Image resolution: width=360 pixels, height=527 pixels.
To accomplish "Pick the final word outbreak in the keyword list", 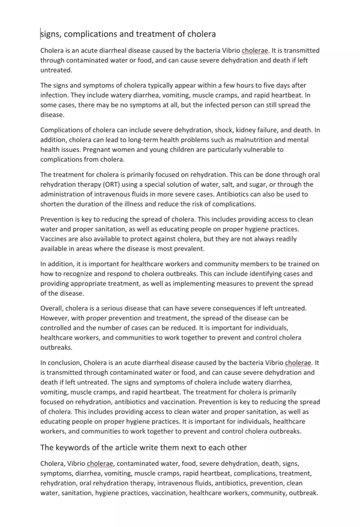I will (303, 493).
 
